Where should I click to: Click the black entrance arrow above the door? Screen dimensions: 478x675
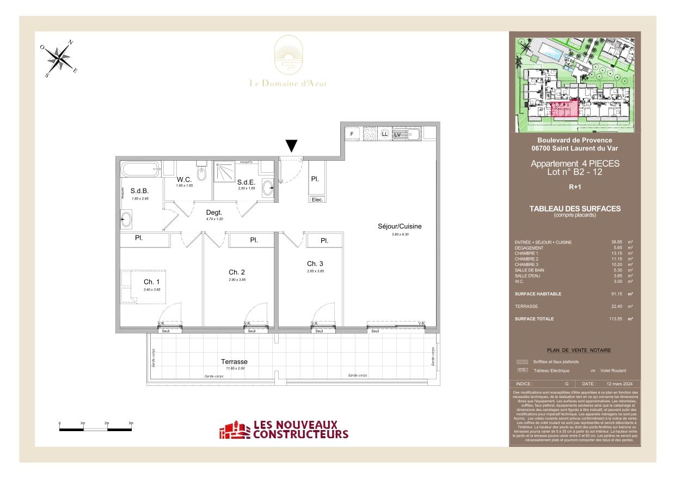point(292,146)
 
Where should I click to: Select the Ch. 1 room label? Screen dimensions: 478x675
point(151,282)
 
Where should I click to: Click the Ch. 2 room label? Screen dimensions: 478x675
point(237,272)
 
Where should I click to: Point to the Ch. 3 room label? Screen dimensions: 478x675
point(315,263)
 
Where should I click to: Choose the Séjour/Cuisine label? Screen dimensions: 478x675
point(400,226)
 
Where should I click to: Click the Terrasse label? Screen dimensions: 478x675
point(234,361)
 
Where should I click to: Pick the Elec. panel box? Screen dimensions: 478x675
point(317,199)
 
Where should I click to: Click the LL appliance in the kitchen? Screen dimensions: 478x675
point(385,134)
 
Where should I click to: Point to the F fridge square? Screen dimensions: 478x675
point(352,134)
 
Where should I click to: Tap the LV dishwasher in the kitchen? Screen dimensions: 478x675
point(397,134)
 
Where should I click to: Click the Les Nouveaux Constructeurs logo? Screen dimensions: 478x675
point(284,429)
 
